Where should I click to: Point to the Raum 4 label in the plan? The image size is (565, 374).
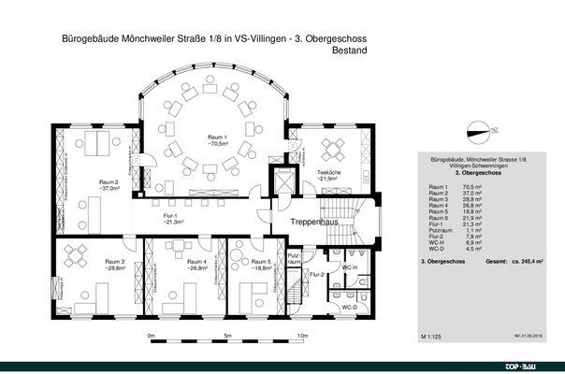click(x=196, y=261)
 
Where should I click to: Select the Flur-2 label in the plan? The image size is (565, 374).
click(x=317, y=274)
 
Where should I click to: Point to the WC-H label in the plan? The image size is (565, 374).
click(x=349, y=268)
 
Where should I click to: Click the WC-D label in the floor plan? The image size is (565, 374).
click(x=349, y=306)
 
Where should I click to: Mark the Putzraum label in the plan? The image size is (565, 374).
click(x=294, y=258)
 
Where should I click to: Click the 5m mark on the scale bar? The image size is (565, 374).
click(x=226, y=335)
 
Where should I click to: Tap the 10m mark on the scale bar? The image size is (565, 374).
click(x=301, y=335)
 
